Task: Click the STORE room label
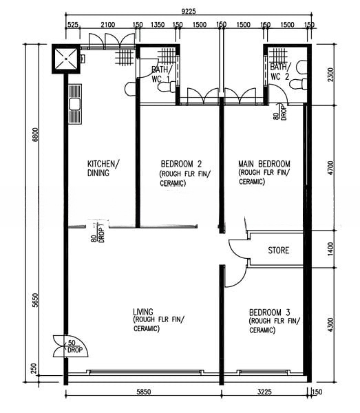click(278, 250)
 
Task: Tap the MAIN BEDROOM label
click(264, 164)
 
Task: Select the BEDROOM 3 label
click(269, 313)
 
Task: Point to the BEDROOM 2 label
click(181, 164)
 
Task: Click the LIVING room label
click(143, 312)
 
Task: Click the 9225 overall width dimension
click(189, 11)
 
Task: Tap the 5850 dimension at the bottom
click(144, 392)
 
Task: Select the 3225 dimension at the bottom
click(264, 392)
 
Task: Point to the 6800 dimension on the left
click(35, 135)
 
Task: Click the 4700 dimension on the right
click(330, 167)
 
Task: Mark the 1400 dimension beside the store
click(330, 249)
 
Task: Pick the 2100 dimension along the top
click(108, 25)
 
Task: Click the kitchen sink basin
click(74, 104)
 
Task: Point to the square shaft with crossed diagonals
click(65, 59)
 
